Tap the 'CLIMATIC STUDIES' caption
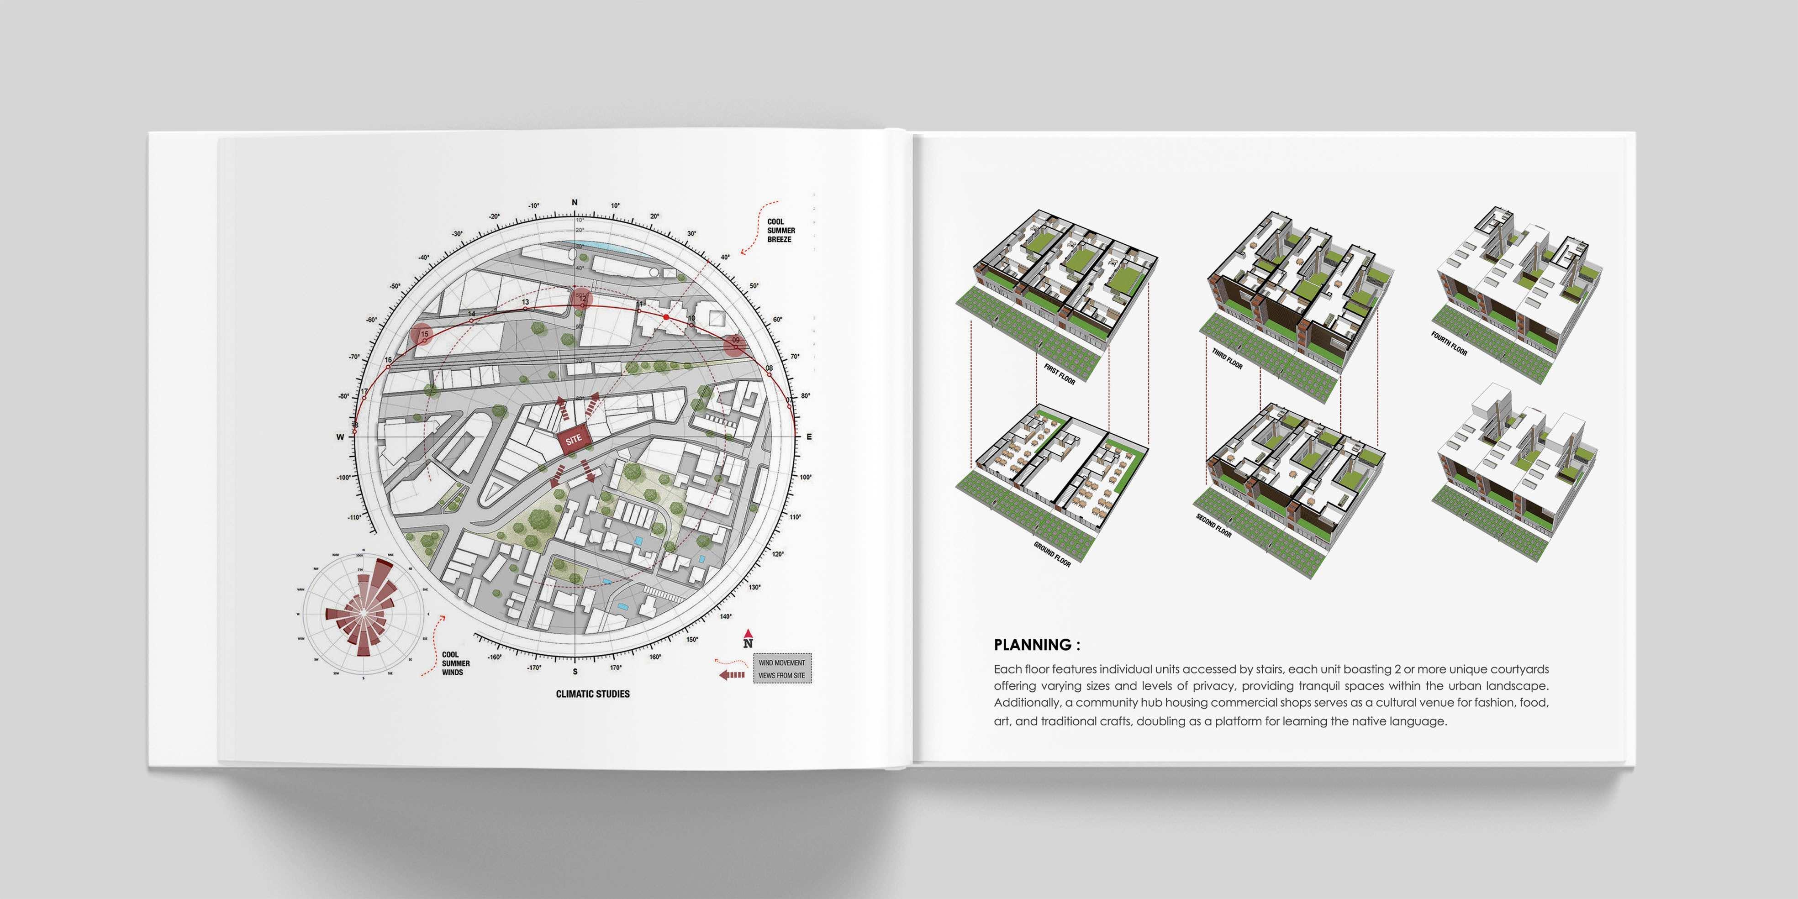click(593, 694)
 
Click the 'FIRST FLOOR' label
click(1060, 373)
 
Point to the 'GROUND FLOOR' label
click(1052, 554)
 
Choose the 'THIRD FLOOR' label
click(1227, 359)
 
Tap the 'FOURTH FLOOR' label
click(1449, 343)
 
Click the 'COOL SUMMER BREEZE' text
click(780, 230)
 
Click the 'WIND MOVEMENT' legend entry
click(782, 662)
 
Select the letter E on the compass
click(809, 437)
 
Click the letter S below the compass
click(575, 672)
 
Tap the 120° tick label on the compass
click(778, 554)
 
